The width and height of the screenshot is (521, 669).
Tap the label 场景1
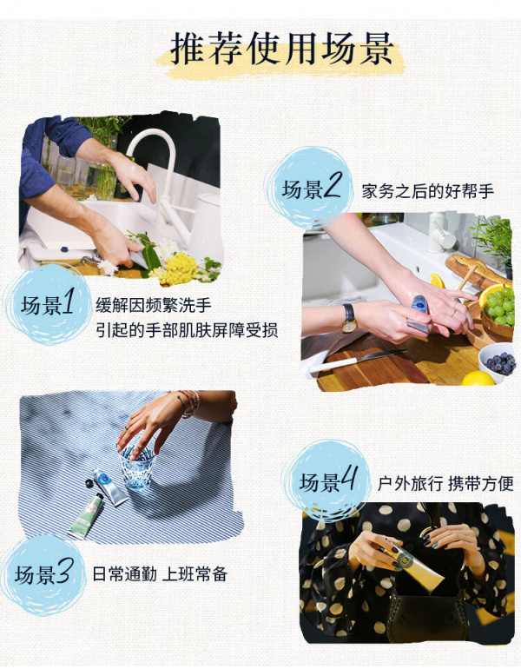click(48, 306)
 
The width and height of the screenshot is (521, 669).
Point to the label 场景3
click(42, 573)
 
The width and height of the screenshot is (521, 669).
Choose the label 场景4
click(327, 481)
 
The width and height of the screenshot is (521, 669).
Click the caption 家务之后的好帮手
click(427, 191)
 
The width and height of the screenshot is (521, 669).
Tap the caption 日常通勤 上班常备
click(160, 574)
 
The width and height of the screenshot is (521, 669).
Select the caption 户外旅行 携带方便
click(445, 484)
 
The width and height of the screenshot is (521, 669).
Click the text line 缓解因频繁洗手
click(153, 306)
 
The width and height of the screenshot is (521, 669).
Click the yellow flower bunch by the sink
click(178, 268)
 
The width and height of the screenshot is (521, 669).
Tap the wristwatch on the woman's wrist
click(349, 318)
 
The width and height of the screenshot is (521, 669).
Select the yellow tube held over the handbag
click(413, 563)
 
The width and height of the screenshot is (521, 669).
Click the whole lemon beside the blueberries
click(478, 379)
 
